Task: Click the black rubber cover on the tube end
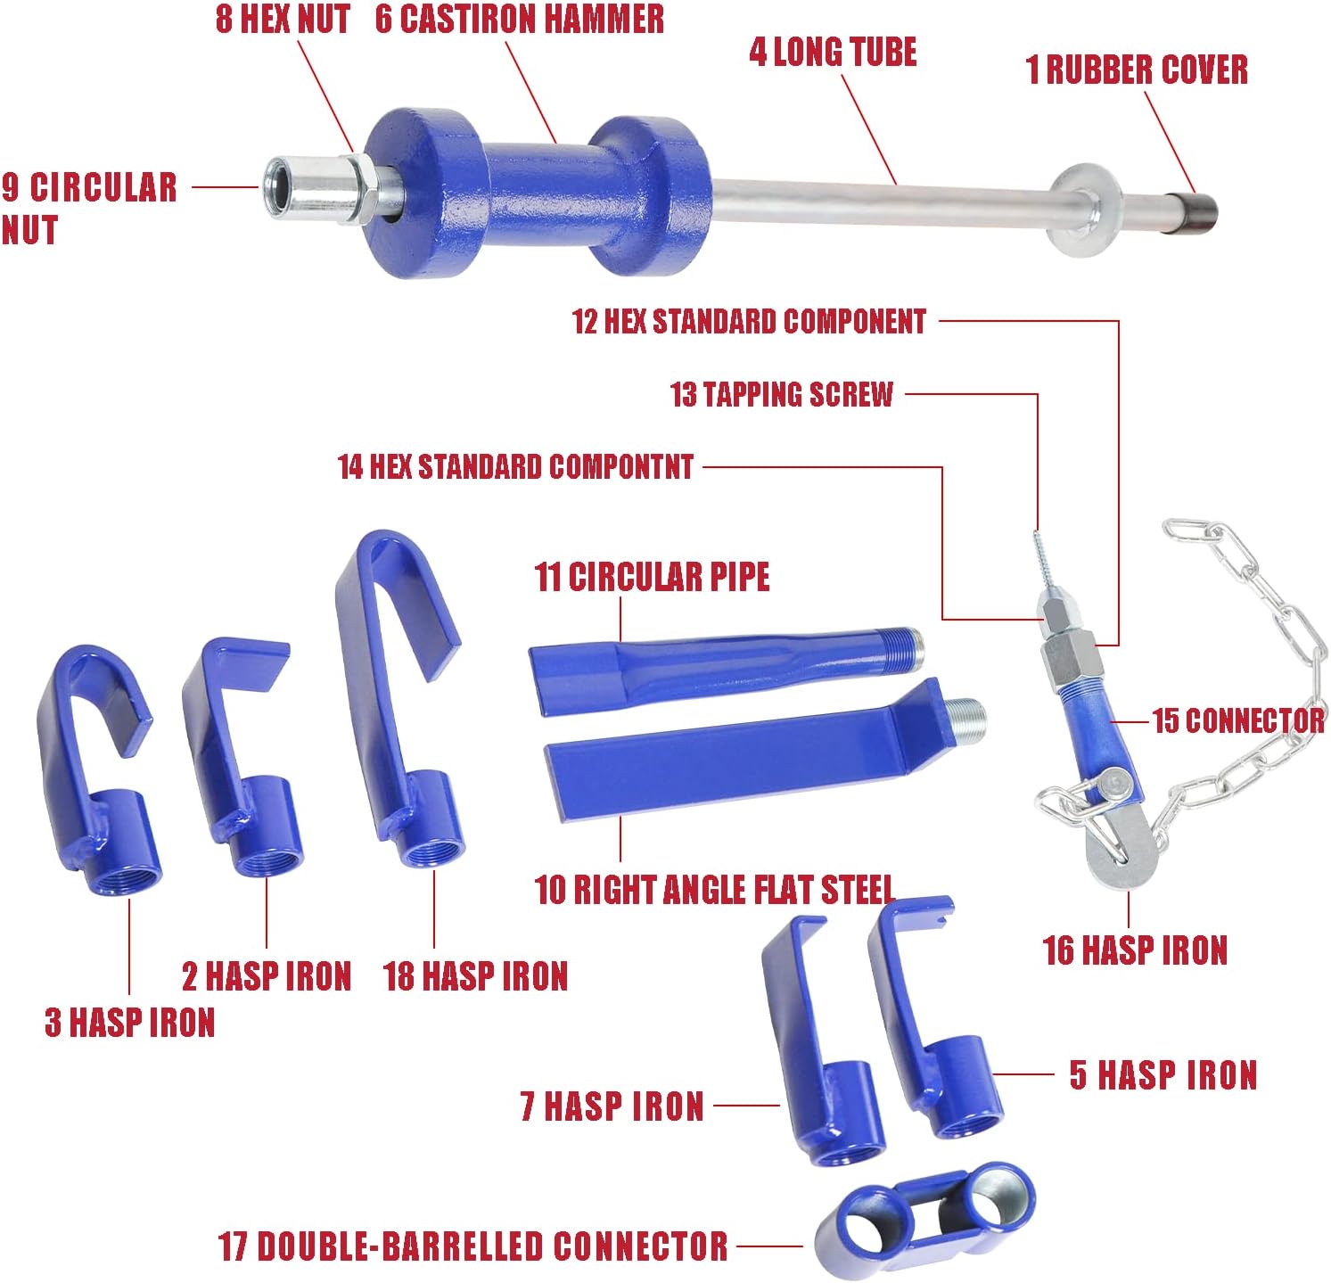pos(1193,213)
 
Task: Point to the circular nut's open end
pos(275,185)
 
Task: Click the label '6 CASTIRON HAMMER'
pos(520,19)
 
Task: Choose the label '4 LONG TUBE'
pos(833,52)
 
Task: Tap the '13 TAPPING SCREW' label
pos(781,394)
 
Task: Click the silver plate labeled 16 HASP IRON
pos(1114,847)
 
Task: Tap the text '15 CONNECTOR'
pos(1237,720)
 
